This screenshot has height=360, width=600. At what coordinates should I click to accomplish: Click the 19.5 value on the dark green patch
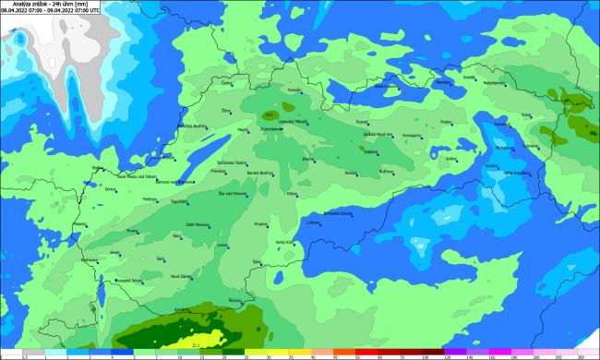pyautogui.click(x=270, y=114)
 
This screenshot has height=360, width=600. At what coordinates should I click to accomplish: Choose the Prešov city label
pyautogui.click(x=446, y=122)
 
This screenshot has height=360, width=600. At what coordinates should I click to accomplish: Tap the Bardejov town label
pyautogui.click(x=443, y=82)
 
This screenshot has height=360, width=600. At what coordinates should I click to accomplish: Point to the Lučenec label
pyautogui.click(x=313, y=222)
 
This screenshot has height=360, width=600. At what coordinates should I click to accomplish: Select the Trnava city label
pyautogui.click(x=131, y=230)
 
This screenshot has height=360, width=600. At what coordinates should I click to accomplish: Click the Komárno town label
pyautogui.click(x=182, y=309)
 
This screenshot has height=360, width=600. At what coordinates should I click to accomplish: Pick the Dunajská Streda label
pyautogui.click(x=126, y=280)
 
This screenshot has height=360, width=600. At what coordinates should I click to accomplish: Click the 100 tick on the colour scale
pyautogui.click(x=426, y=356)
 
